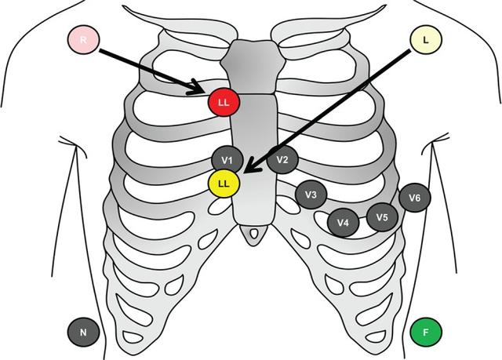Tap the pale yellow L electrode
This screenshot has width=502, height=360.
[425, 39]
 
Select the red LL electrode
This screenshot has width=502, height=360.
[224, 103]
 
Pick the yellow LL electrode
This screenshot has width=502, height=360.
[224, 184]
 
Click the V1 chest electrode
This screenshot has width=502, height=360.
[227, 160]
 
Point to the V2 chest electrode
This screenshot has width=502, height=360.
[282, 160]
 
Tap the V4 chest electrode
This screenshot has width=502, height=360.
[343, 223]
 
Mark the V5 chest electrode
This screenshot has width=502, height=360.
[382, 216]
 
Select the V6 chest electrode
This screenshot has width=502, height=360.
[414, 198]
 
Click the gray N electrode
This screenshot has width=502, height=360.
[83, 332]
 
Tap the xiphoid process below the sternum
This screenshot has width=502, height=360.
[253, 234]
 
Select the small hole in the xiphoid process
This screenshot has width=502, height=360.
[253, 233]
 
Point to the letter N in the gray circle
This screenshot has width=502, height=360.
[83, 332]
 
